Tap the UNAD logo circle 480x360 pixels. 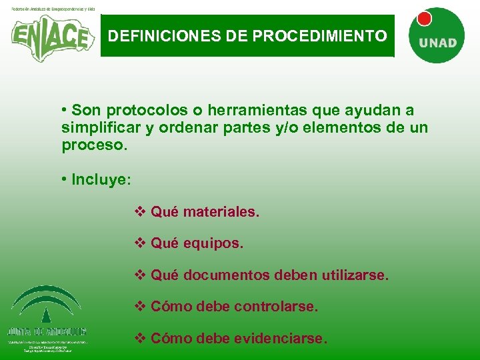click(x=437, y=37)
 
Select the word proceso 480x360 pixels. click(x=93, y=144)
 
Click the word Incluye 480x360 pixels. click(x=101, y=179)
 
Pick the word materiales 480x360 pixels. click(x=221, y=213)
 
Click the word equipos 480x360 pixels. click(x=213, y=244)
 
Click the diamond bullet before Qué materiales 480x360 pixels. click(x=140, y=213)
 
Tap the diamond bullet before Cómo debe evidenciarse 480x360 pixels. click(x=140, y=339)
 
